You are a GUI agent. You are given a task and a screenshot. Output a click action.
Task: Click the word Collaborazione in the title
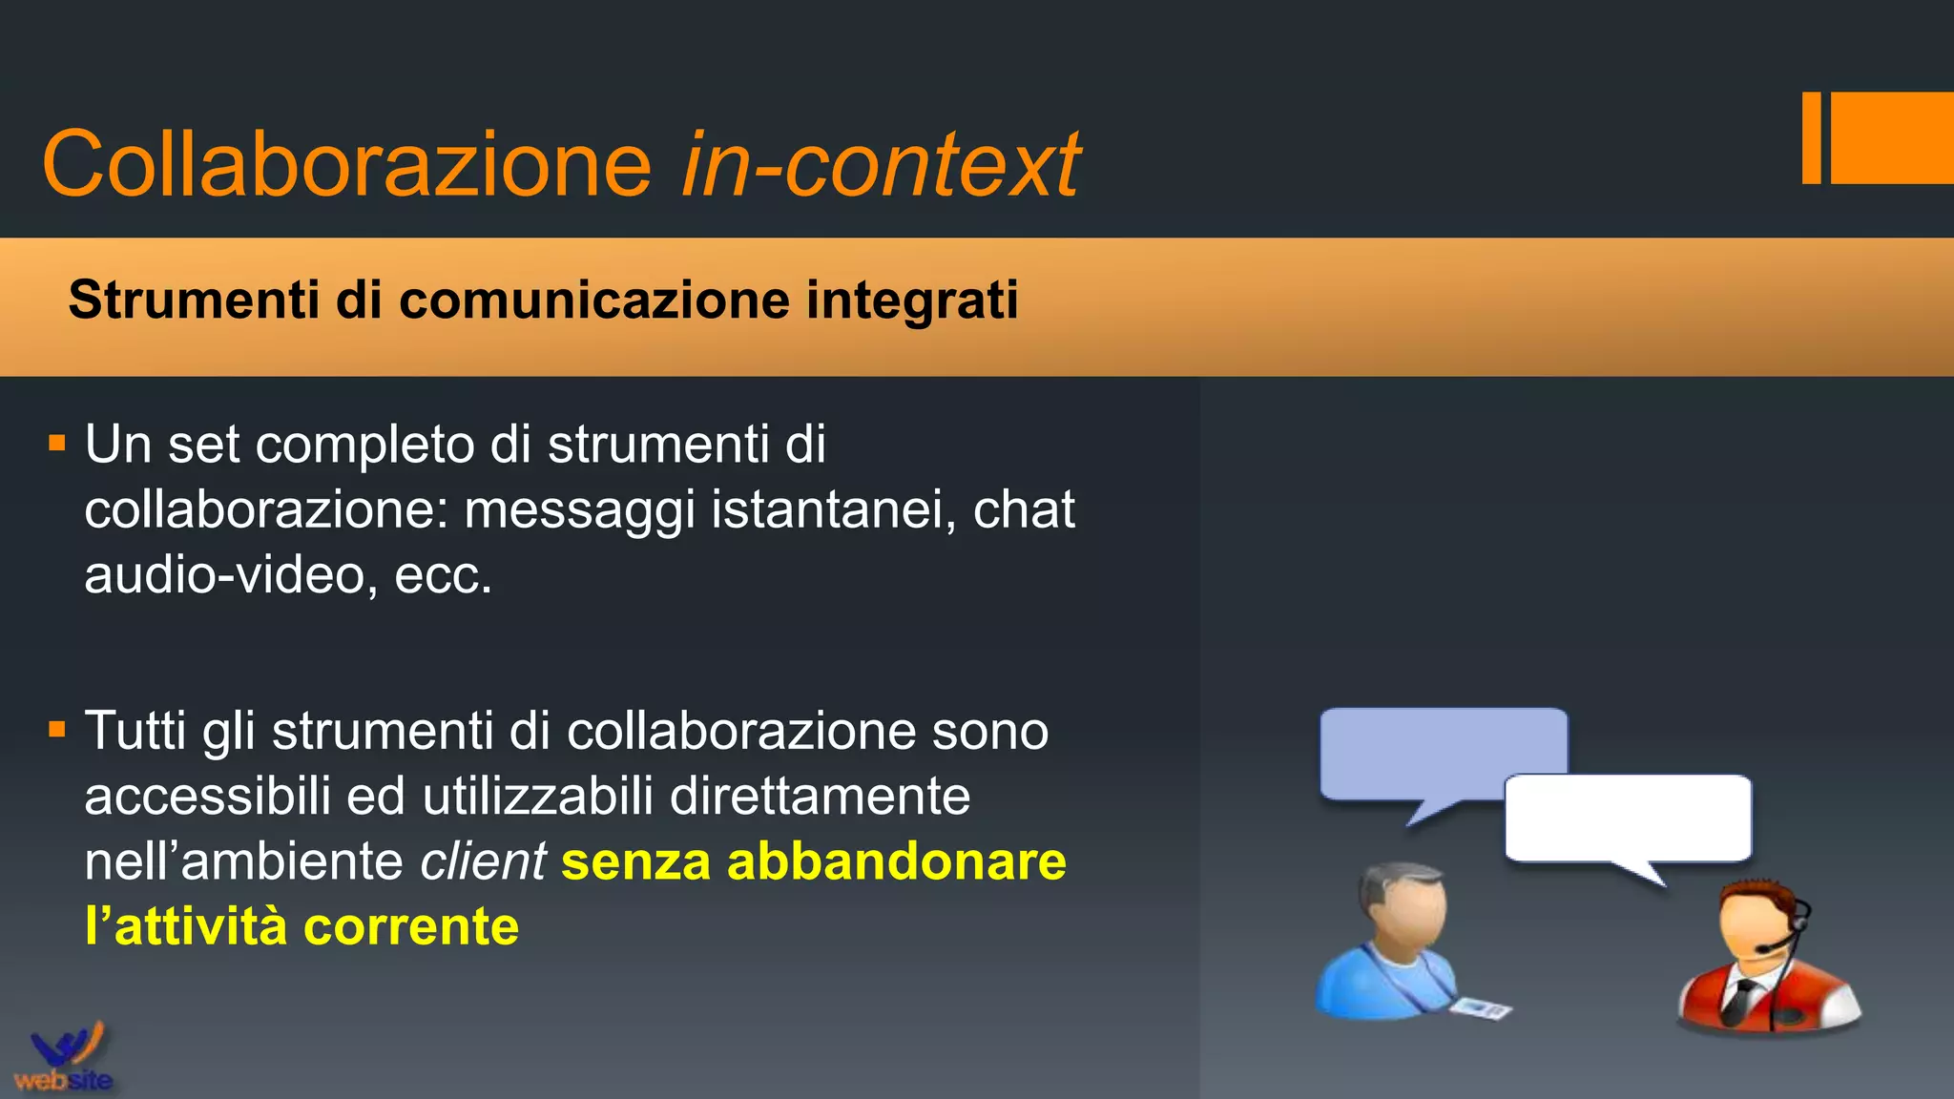[346, 164]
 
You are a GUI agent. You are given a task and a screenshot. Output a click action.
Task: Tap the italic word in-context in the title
[880, 164]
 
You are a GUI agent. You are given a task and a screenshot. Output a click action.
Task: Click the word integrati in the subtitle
[912, 300]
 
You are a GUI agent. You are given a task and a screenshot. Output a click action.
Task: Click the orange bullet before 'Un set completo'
[57, 444]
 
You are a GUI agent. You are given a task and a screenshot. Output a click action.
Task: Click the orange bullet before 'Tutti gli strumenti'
[57, 730]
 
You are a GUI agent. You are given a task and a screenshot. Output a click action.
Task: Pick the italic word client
[483, 861]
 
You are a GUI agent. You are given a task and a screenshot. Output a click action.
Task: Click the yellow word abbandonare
[897, 861]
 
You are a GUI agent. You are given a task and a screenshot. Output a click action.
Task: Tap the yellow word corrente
[411, 926]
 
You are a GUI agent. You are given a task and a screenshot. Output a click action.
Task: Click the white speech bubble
[1628, 819]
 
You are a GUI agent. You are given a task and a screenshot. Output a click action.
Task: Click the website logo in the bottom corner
[63, 1059]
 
